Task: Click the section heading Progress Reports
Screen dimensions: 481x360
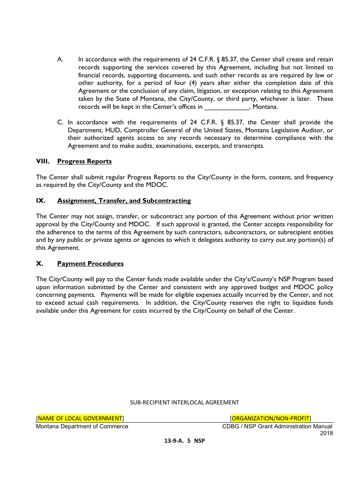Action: tap(84, 161)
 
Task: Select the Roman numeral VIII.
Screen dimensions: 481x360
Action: tap(42, 161)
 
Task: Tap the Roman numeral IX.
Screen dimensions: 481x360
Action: tap(41, 201)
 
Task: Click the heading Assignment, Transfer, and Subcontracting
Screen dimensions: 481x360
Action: tap(124, 201)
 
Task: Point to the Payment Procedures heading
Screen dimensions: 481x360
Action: tap(90, 264)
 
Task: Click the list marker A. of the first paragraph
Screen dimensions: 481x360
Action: tap(60, 60)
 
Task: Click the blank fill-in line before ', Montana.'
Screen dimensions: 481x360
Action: tap(227, 107)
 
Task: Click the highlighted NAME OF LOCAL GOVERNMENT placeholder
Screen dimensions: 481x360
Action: tap(80, 418)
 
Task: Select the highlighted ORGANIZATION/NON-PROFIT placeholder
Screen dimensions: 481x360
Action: tap(270, 418)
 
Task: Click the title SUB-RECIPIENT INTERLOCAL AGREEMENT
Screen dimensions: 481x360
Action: tap(185, 403)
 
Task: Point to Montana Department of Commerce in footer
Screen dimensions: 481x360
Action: tap(82, 426)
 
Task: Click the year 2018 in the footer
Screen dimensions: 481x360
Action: tap(326, 433)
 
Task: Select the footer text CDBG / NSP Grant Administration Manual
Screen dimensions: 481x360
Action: tap(277, 426)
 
